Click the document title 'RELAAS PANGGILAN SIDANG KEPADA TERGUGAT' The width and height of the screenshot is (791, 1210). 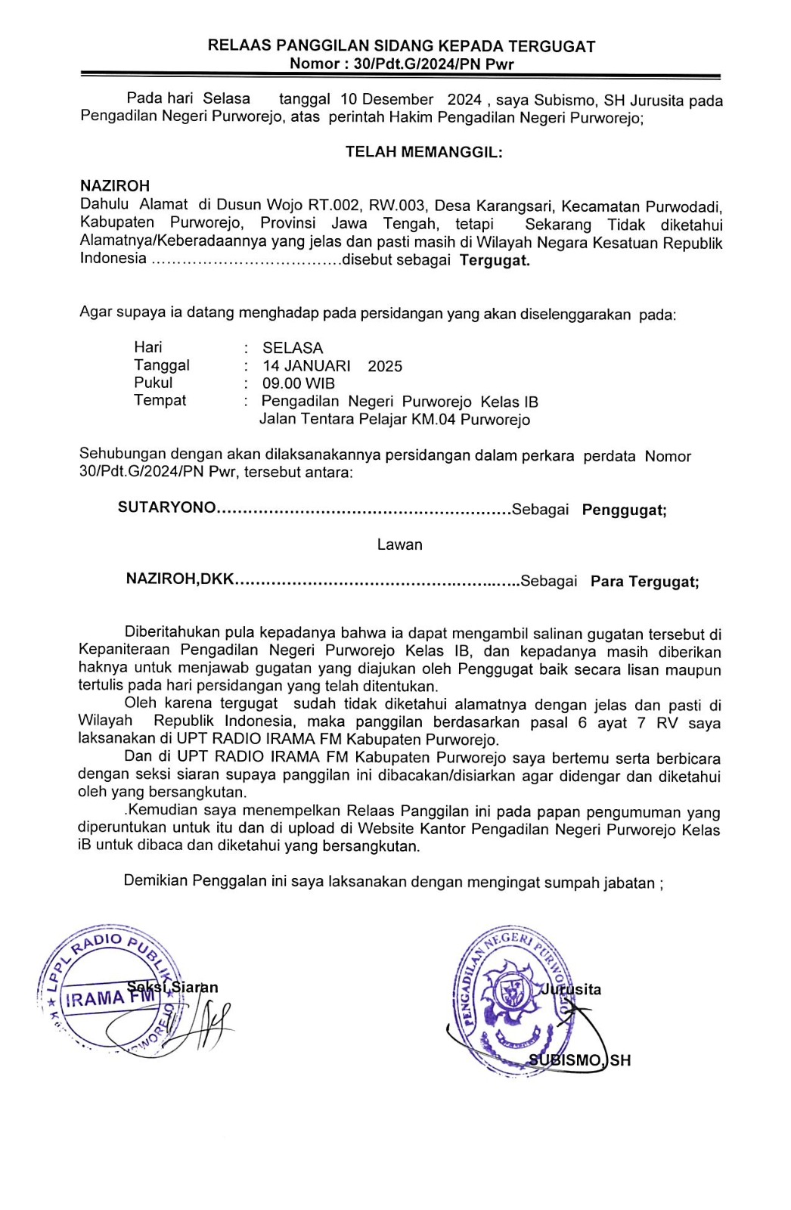pos(402,46)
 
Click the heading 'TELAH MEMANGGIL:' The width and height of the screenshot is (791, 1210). pos(423,152)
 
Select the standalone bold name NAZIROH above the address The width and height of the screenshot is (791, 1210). pos(115,185)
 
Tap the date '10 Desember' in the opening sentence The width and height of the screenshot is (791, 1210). pos(386,100)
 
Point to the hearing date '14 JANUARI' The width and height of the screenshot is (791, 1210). pos(306,366)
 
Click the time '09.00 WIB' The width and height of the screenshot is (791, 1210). pos(298,383)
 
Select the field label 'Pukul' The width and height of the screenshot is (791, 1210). pos(154,383)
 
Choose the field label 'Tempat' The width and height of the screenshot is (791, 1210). pos(160,400)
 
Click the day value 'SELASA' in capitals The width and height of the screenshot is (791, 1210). pos(293,348)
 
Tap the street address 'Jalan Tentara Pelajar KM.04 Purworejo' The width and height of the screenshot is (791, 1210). pos(394,419)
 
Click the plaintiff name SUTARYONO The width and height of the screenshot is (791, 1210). pos(166,507)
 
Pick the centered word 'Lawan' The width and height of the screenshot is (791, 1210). pos(400,544)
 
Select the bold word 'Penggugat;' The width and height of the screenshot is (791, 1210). pos(624,510)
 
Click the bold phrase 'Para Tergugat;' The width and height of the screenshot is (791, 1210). pos(644,582)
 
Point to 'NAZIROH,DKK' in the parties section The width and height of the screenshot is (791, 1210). pos(180,579)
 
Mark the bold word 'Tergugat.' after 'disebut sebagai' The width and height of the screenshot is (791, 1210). pos(495,261)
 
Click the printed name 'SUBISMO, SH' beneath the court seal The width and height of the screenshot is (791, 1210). pos(579,1060)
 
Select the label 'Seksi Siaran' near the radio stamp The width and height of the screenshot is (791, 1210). pos(172,987)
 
